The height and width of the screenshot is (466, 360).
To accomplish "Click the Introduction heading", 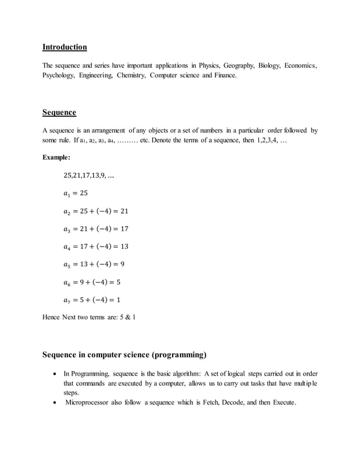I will click(x=65, y=47).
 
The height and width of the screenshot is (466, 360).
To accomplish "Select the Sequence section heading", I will click(x=59, y=112).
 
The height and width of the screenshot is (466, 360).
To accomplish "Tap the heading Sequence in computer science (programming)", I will click(x=125, y=355).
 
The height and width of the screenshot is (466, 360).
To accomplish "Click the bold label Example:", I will click(x=56, y=157).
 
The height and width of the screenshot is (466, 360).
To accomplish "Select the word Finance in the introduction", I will click(x=222, y=75).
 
